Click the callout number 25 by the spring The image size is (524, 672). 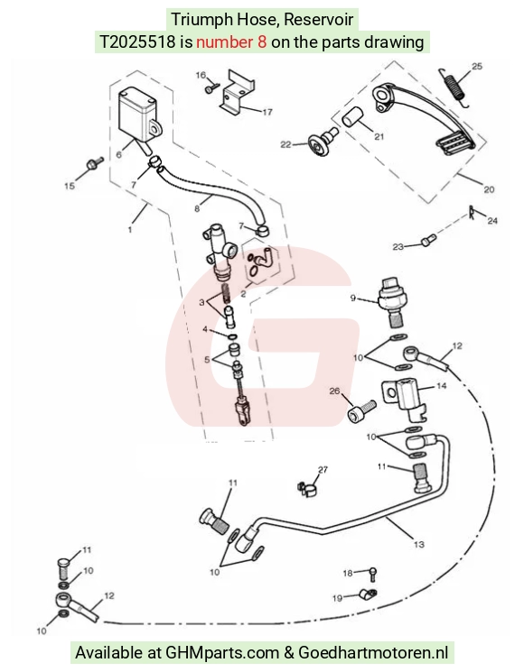click(x=477, y=67)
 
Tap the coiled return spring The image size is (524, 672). click(x=454, y=87)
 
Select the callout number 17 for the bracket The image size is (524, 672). click(x=267, y=112)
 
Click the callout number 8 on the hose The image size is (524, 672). click(x=197, y=208)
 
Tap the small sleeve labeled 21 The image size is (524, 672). click(x=352, y=117)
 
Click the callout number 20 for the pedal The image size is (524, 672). click(x=489, y=189)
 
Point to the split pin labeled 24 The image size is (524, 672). click(x=473, y=212)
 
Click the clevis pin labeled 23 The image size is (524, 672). click(x=429, y=241)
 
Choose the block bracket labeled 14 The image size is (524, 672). click(x=403, y=396)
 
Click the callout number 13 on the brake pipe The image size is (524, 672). click(x=418, y=544)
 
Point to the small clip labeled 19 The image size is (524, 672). click(x=368, y=594)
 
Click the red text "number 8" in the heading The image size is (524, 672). click(x=231, y=41)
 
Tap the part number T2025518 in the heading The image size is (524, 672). click(x=137, y=41)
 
